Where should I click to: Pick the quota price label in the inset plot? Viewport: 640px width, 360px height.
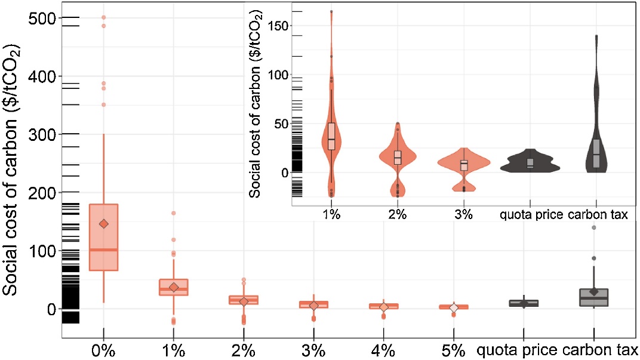(x=530, y=215)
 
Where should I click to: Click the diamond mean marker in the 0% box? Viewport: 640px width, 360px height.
(x=104, y=224)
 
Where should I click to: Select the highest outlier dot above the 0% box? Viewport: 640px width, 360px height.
(x=104, y=17)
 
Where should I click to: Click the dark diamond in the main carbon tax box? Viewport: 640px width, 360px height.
(x=594, y=291)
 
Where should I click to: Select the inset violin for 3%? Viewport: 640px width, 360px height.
(x=463, y=164)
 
